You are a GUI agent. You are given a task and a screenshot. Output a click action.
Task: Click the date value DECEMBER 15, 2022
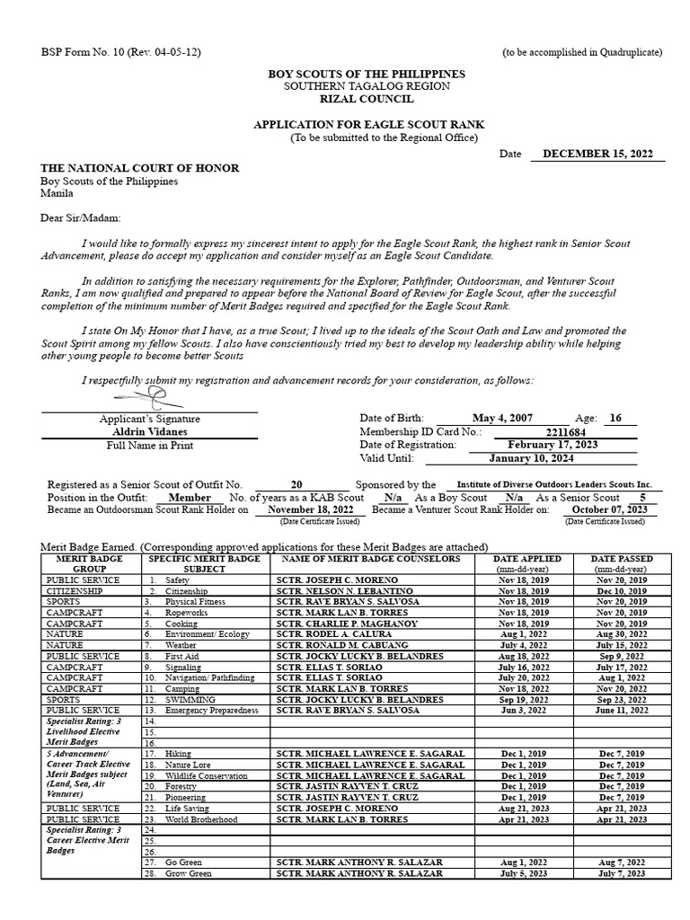click(x=597, y=154)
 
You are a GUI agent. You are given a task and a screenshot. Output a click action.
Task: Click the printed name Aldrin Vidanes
click(x=149, y=432)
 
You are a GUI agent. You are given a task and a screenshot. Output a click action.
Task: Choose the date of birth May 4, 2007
click(x=508, y=419)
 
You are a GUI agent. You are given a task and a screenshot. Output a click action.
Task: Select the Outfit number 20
click(x=296, y=484)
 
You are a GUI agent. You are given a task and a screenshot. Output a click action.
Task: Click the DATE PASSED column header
click(x=621, y=559)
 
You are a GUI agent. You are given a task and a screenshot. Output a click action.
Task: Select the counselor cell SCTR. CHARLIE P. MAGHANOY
click(x=349, y=624)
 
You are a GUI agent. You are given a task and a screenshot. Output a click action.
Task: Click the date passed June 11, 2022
click(x=621, y=710)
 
